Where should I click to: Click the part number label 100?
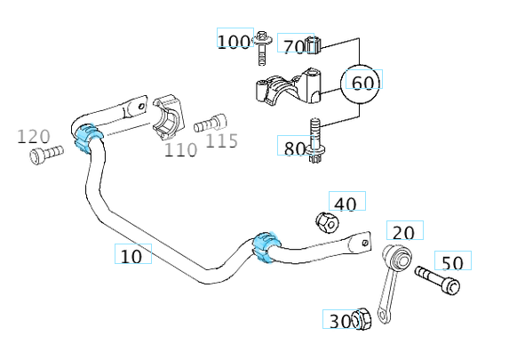[234, 43]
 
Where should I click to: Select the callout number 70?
[294, 47]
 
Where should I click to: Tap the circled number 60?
[363, 84]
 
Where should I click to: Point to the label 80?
[294, 149]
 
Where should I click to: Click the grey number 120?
[34, 137]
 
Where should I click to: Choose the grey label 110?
[181, 150]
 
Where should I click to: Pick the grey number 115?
[222, 141]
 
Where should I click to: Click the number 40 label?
[346, 204]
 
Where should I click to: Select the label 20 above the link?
[403, 233]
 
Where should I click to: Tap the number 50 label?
[452, 263]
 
